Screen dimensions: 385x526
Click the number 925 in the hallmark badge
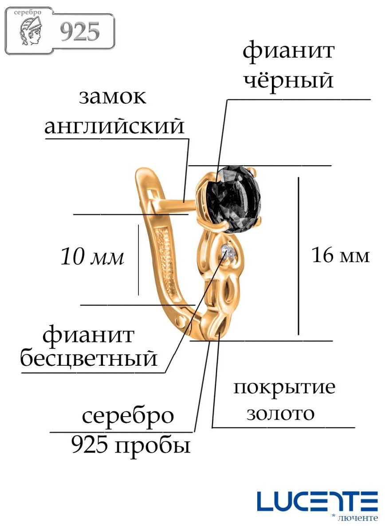point(80,32)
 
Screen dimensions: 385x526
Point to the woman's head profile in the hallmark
point(31,32)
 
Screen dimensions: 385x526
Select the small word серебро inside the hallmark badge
point(27,12)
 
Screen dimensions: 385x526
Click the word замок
point(113,97)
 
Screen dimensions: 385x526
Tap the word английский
point(114,127)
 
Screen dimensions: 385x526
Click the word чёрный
point(288,81)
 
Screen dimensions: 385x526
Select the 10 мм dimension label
point(92,257)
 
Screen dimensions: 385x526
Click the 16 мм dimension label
point(341,255)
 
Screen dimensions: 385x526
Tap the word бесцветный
point(89,358)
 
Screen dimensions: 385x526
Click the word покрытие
point(284,388)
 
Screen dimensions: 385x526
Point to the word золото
point(280,414)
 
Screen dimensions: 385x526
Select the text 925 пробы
point(131,446)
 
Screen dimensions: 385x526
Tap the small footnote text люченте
point(357,518)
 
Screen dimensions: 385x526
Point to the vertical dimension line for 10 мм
point(138,260)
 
